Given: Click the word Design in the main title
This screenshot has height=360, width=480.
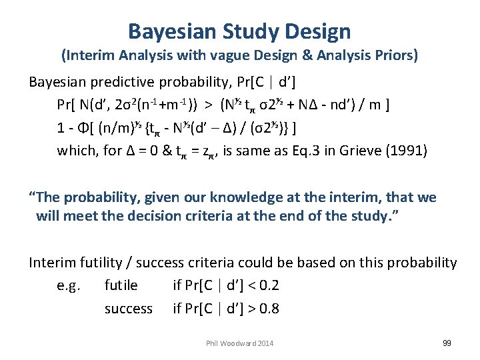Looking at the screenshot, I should [317, 31].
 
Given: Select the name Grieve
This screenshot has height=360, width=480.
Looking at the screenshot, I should [373, 150].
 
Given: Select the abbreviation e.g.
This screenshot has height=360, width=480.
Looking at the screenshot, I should [69, 286].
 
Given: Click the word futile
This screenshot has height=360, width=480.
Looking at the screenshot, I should [121, 286].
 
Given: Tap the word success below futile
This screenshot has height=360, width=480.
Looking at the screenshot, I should [128, 309].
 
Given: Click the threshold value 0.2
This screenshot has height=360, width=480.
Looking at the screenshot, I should [269, 286].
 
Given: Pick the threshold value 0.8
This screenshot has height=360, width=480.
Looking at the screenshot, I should [269, 309].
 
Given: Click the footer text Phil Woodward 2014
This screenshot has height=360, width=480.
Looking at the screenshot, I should [239, 343].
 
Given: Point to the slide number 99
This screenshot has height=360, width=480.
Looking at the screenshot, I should [447, 343].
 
